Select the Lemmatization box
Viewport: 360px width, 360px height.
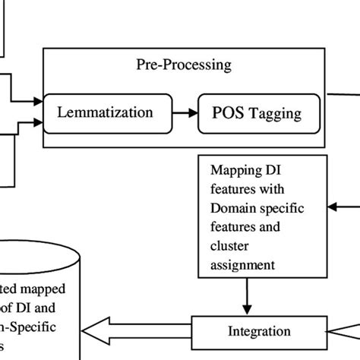point(105,112)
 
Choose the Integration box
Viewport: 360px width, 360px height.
point(259,331)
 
